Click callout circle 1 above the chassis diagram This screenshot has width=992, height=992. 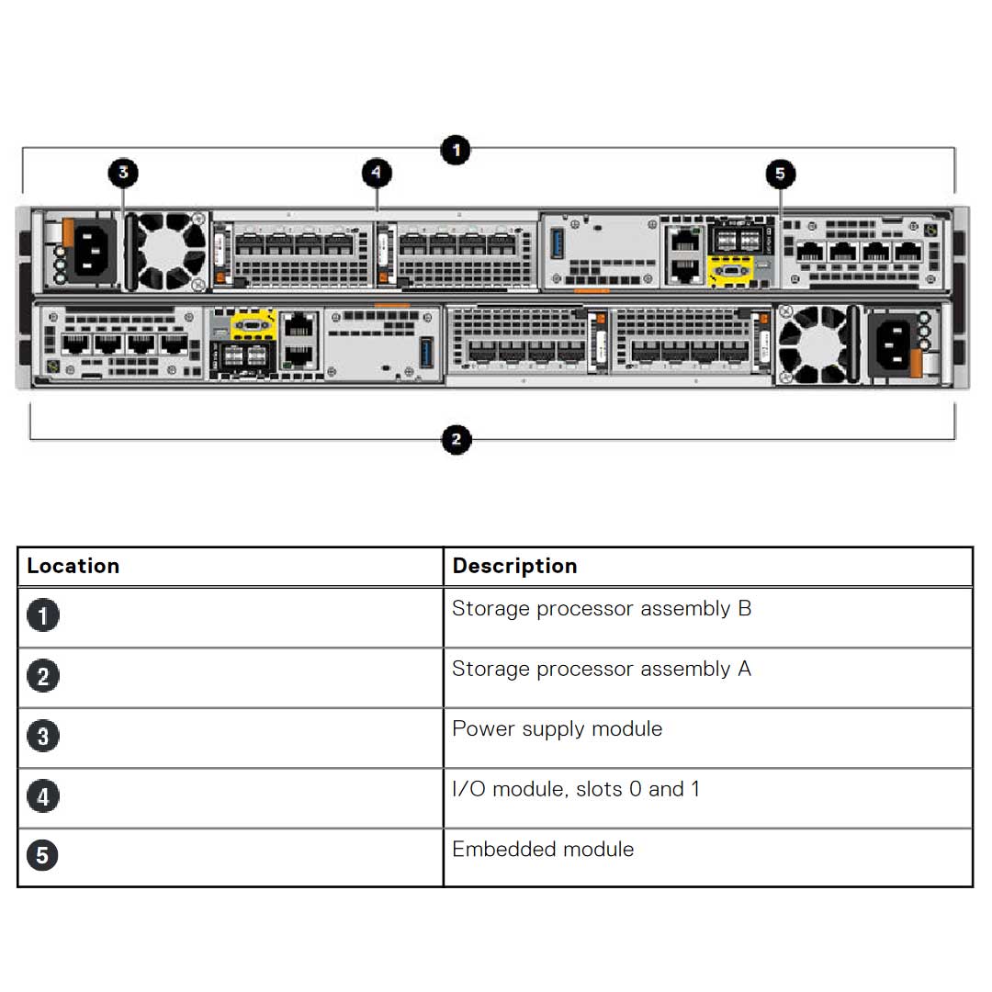pyautogui.click(x=456, y=149)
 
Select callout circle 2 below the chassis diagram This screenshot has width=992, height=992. pyautogui.click(x=457, y=440)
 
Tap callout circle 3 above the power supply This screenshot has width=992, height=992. pyautogui.click(x=123, y=173)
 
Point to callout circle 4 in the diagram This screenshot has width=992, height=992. pyautogui.click(x=377, y=173)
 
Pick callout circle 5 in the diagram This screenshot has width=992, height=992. pyautogui.click(x=780, y=173)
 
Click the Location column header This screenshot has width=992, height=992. pyautogui.click(x=73, y=566)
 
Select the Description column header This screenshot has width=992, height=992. pyautogui.click(x=514, y=566)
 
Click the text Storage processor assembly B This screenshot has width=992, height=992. pyautogui.click(x=601, y=609)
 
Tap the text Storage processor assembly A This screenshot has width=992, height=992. pyautogui.click(x=601, y=670)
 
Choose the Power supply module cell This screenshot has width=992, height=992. pyautogui.click(x=557, y=729)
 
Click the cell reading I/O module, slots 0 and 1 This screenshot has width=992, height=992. pyautogui.click(x=575, y=789)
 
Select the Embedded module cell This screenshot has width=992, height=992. pyautogui.click(x=542, y=850)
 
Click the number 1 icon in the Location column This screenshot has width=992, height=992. pyautogui.click(x=43, y=615)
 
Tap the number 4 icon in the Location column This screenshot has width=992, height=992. pyautogui.click(x=43, y=796)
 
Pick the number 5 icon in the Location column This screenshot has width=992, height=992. pyautogui.click(x=43, y=856)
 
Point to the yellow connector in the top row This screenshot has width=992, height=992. pyautogui.click(x=730, y=270)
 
